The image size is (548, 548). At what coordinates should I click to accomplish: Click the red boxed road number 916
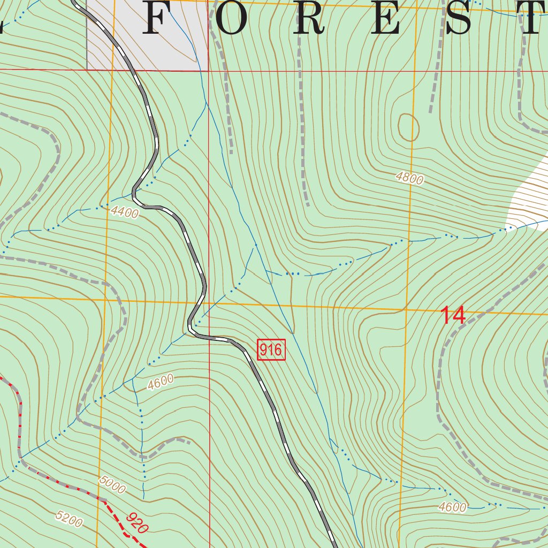[271, 350]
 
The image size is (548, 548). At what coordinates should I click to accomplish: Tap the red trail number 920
[138, 523]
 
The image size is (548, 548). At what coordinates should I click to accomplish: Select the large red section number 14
[453, 316]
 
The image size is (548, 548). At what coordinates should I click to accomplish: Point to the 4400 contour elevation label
[125, 212]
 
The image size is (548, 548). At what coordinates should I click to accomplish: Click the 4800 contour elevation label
[410, 178]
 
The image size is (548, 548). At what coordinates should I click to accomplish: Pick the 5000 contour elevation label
[112, 485]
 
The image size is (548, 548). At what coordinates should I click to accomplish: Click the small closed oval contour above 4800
[408, 127]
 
